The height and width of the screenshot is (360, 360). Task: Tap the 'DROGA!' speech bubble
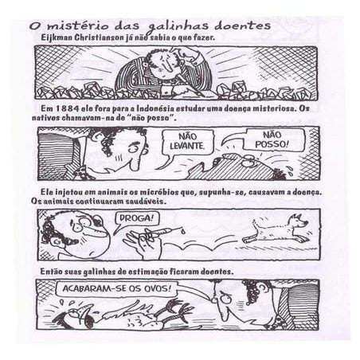[x=136, y=219]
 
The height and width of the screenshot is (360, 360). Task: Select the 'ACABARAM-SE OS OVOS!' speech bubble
[x=116, y=288]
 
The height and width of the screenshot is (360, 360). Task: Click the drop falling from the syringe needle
[x=183, y=232]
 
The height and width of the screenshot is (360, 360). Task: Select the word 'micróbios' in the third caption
[x=158, y=192]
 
